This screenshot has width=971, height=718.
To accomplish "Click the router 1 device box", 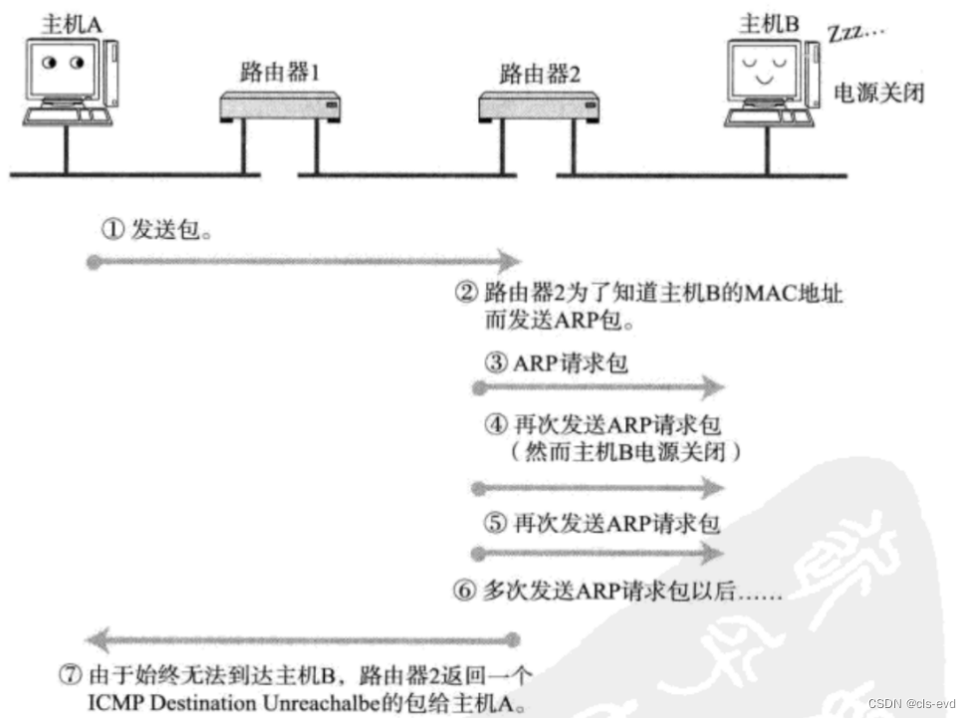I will point(280,104).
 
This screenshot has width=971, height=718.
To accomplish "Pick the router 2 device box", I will point(540,104).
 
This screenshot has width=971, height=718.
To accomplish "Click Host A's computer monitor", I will point(63,70).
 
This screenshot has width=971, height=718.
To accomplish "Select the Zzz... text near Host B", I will point(853,33).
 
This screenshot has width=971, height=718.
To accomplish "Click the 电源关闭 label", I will point(879,95).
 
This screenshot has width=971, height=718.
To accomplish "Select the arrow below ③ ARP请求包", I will point(598,387).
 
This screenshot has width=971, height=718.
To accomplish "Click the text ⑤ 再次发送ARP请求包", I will point(602,522).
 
